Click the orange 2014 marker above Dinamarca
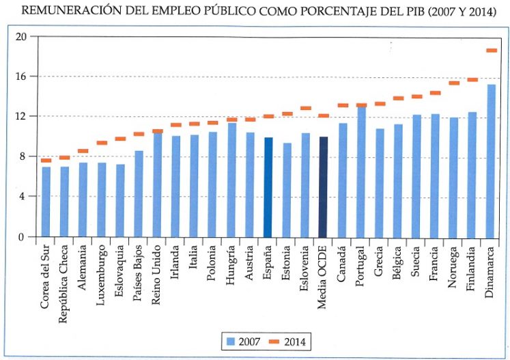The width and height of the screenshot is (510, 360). (x=492, y=51)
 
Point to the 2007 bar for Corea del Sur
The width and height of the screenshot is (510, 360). (x=46, y=202)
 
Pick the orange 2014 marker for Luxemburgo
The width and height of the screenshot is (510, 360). (x=102, y=143)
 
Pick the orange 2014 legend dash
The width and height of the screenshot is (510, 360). (x=276, y=340)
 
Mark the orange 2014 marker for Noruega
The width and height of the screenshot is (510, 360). (x=454, y=83)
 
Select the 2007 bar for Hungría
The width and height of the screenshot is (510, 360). (x=231, y=180)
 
